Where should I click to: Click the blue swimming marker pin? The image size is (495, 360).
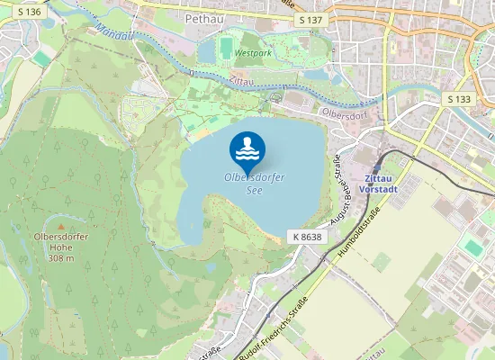pyautogui.click(x=247, y=149)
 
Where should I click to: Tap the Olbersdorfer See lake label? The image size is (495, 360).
pyautogui.click(x=255, y=184)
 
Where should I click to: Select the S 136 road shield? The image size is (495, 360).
pyautogui.click(x=28, y=12)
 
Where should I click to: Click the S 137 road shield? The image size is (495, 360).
pyautogui.click(x=309, y=20)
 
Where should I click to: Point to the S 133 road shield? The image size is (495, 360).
pyautogui.click(x=459, y=98)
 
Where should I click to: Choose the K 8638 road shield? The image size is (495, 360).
pyautogui.click(x=307, y=236)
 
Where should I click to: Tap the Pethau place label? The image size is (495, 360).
pyautogui.click(x=202, y=17)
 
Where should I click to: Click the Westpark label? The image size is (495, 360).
pyautogui.click(x=251, y=53)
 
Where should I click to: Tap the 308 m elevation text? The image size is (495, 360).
pyautogui.click(x=61, y=258)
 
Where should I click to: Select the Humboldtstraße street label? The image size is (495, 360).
pyautogui.click(x=360, y=236)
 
